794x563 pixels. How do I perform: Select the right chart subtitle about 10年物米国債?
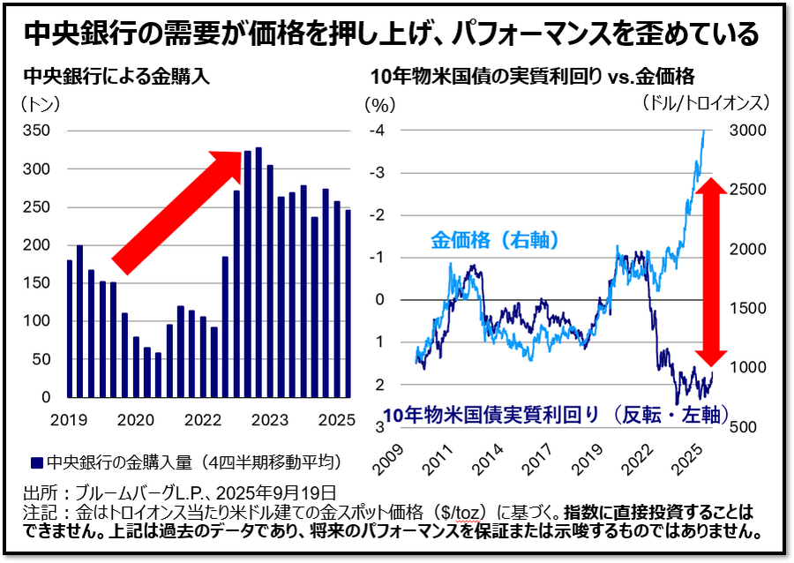coord(533,77)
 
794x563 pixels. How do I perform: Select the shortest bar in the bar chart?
coord(158,375)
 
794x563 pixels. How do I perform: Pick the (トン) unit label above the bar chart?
coord(39,104)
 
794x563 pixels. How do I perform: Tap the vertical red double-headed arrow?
coord(714,269)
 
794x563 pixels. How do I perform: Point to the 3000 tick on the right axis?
coord(748,131)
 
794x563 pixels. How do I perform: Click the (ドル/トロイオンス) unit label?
coord(707,102)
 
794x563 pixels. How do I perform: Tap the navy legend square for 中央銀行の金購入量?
coord(36,462)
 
